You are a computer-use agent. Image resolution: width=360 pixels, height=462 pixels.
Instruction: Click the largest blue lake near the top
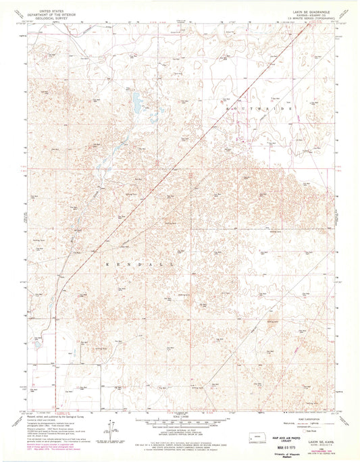pyautogui.click(x=137, y=102)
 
